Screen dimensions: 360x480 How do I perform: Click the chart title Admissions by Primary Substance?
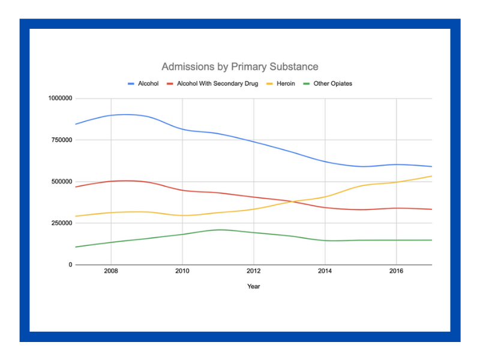pos(240,67)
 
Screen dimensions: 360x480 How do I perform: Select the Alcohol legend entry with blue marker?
pos(143,83)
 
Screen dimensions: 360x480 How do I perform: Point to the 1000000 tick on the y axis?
pos(59,98)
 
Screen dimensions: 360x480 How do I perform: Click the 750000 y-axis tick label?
pos(61,140)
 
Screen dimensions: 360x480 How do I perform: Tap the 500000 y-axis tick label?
pos(61,181)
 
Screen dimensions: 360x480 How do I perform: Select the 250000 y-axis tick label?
pos(61,223)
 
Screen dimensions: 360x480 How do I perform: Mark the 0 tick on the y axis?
pos(70,265)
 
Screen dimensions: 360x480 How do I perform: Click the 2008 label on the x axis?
pos(110,272)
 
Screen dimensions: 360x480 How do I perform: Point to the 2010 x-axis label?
pos(182,272)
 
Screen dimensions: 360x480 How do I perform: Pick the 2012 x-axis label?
pos(254,272)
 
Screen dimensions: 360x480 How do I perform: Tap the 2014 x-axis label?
pos(325,272)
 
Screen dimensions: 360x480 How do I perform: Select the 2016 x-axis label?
pos(396,272)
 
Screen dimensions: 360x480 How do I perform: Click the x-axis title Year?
pos(253,286)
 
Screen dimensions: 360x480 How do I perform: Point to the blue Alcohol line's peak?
pos(126,114)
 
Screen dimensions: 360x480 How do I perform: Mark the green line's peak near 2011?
pos(220,229)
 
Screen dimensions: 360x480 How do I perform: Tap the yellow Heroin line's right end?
pos(431,176)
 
